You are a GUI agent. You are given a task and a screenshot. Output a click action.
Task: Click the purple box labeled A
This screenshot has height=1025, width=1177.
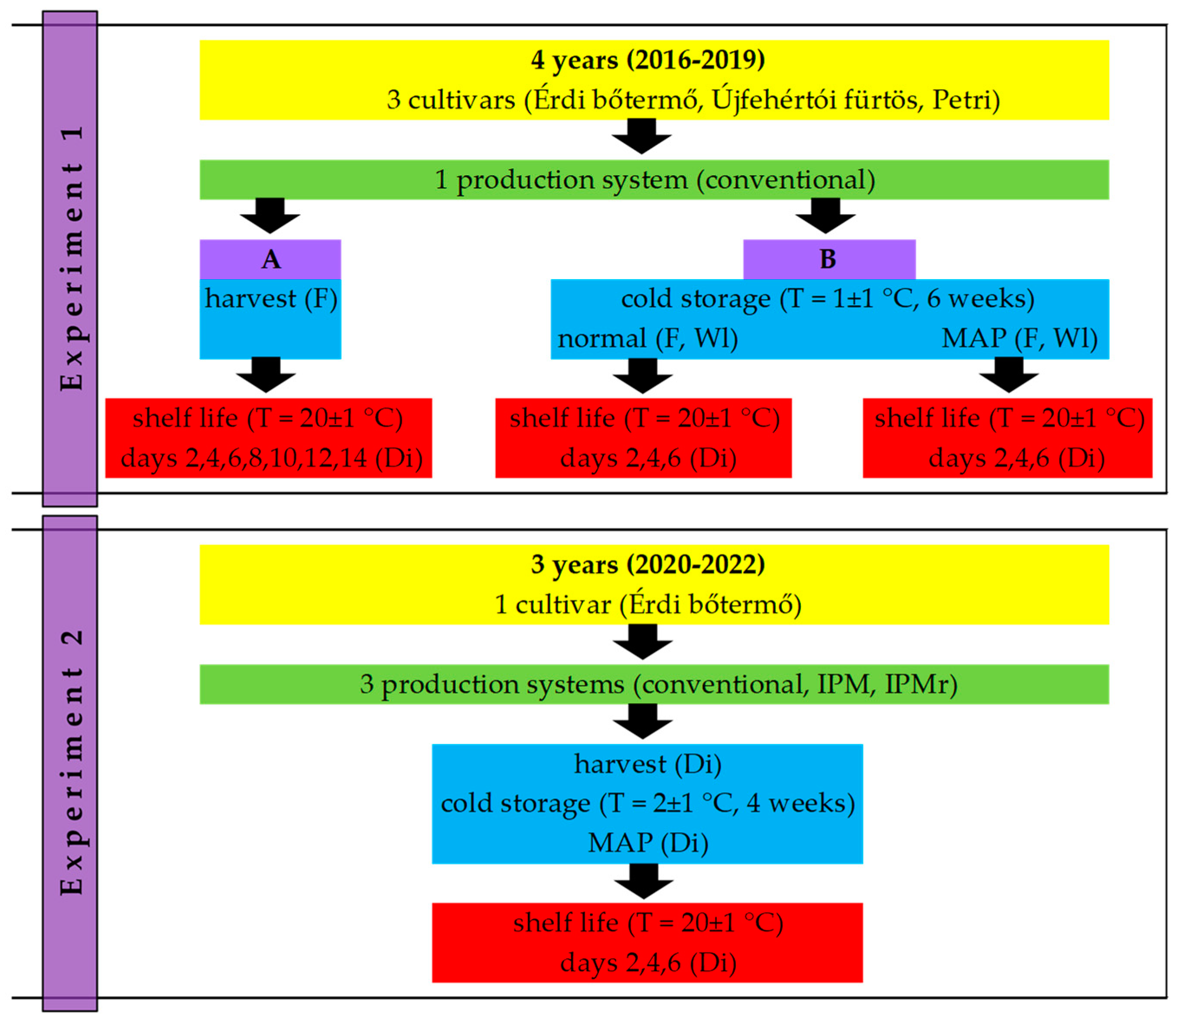(270, 260)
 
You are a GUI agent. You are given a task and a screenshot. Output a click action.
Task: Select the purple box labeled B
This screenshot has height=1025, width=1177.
(829, 260)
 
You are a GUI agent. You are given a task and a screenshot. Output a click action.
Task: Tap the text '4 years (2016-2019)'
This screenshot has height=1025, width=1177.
(647, 59)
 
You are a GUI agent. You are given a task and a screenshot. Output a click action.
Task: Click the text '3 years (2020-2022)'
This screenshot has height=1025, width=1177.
(647, 565)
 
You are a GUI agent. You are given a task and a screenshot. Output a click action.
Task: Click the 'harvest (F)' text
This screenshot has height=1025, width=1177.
(270, 299)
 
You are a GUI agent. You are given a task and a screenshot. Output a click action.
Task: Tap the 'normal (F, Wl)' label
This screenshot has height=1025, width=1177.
(647, 338)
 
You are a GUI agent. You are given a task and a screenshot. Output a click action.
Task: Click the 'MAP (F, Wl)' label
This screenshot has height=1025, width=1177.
(1019, 338)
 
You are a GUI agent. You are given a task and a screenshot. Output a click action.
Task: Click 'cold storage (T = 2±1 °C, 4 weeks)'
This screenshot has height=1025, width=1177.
(647, 804)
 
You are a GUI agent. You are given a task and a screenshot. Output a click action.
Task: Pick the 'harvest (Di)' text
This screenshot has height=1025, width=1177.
(647, 764)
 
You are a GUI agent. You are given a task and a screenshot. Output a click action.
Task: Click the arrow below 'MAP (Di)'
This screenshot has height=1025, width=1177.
(644, 881)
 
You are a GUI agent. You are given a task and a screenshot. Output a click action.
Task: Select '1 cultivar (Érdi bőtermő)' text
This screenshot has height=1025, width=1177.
(647, 605)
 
